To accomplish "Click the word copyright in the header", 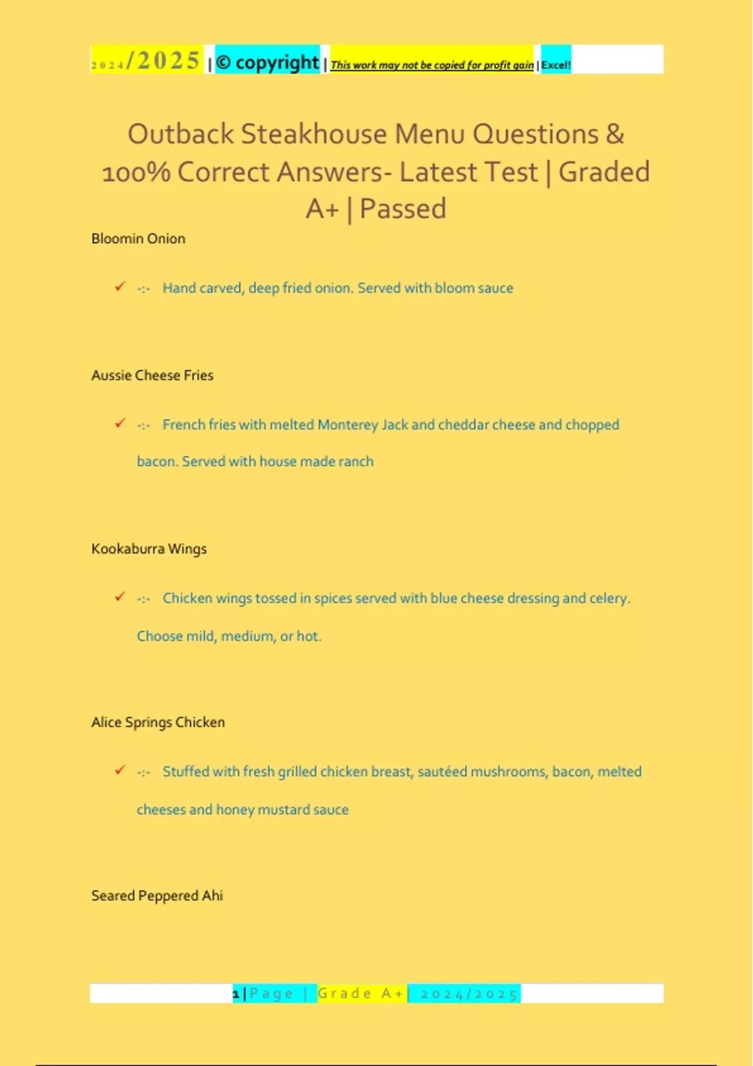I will coord(277,62).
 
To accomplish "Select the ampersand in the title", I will coord(615,134).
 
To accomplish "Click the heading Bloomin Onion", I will coord(138,239).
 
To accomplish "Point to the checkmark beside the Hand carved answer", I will coord(120,287).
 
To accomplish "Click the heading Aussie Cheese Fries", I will coord(152,376).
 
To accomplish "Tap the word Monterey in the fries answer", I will coord(348,425).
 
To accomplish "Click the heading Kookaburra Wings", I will coord(149,549).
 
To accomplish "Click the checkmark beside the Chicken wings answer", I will coord(120,596).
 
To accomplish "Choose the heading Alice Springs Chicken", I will coord(158,722).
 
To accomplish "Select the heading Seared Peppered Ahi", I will coord(157,895).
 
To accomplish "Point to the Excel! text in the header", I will coord(556,65).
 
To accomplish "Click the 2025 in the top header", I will coord(168,61).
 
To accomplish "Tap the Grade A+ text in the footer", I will coord(361,994).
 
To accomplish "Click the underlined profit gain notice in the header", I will coord(432,65).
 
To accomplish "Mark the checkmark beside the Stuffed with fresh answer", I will coord(120,770).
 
